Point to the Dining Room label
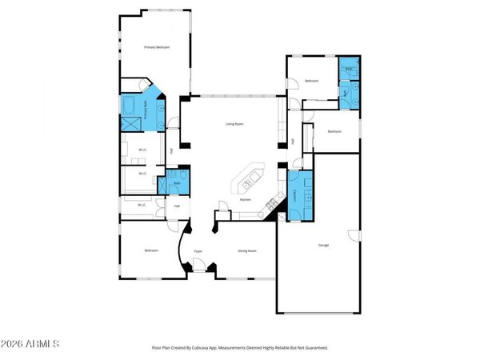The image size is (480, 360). click(x=247, y=251)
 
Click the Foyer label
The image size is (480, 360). click(x=198, y=251)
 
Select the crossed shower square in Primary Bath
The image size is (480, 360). click(x=130, y=123)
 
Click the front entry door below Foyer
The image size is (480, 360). click(x=198, y=270)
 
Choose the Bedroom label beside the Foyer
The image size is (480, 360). click(x=151, y=251)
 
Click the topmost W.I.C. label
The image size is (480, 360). click(x=142, y=150)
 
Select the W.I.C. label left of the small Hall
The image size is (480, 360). click(x=141, y=206)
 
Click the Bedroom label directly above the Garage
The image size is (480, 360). click(x=334, y=131)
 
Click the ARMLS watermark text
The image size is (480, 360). click(x=32, y=345)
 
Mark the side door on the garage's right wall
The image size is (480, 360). click(x=352, y=234)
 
